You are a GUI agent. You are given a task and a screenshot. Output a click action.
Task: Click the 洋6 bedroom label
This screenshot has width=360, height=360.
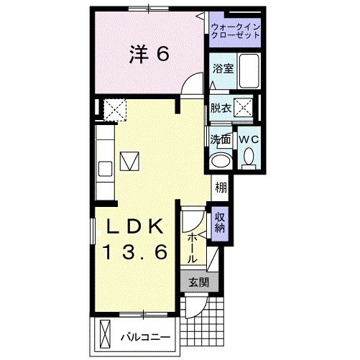click(149, 55)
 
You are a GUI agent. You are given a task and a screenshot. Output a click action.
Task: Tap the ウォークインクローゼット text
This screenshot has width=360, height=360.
click(236, 31)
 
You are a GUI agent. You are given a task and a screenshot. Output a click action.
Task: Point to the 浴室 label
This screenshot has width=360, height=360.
click(222, 69)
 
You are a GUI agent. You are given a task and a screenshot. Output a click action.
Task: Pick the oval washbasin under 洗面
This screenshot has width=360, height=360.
click(220, 160)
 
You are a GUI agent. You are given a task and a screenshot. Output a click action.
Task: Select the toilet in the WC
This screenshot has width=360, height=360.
click(249, 156)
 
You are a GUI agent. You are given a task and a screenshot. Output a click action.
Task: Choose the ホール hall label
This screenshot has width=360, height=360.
click(193, 248)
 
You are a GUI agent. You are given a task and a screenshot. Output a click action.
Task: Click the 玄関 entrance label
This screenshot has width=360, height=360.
click(198, 282)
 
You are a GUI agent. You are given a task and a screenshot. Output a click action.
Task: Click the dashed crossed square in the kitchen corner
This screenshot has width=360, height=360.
click(113, 109)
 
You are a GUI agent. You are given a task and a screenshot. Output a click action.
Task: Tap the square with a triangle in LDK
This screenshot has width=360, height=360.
click(130, 160)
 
